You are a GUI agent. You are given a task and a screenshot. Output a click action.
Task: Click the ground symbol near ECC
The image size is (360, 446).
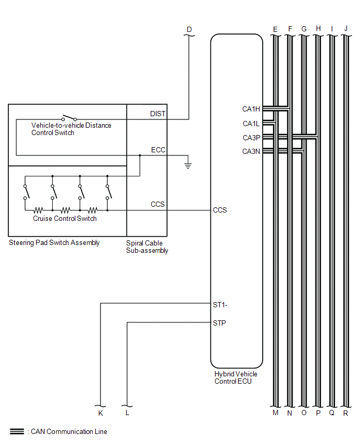[x=188, y=165]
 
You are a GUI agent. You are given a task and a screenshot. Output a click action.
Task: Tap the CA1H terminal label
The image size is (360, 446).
[x=251, y=109]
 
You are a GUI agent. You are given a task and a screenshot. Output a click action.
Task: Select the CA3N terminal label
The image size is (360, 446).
[x=251, y=151]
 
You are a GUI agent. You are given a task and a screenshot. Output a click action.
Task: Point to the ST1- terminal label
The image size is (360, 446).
[x=220, y=304]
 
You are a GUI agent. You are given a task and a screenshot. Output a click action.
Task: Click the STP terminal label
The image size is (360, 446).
[x=220, y=323]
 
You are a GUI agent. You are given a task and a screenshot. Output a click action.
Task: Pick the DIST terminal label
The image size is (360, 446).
[x=159, y=114]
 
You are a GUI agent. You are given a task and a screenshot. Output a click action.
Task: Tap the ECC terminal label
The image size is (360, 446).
[x=158, y=150]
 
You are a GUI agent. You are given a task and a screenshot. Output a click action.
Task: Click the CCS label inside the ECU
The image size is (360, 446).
[x=220, y=210]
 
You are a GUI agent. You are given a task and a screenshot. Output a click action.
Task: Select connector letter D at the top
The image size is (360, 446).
[x=189, y=29]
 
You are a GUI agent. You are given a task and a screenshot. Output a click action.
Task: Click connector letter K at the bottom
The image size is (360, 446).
[x=100, y=413]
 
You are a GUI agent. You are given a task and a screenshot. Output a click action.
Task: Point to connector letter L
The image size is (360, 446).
[x=128, y=413]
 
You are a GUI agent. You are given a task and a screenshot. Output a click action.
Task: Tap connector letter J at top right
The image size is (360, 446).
[x=345, y=29]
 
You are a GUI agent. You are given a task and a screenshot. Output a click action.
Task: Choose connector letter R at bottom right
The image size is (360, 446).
[x=345, y=413]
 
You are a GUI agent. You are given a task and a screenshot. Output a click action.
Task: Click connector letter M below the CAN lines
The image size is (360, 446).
[x=275, y=413]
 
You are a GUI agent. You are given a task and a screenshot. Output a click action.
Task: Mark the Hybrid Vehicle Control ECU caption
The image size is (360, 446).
[x=236, y=377]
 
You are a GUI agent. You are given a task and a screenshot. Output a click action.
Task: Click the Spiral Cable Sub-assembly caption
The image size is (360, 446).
[x=148, y=247]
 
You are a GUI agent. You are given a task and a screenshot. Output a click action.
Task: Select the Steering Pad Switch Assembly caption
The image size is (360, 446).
[x=54, y=243]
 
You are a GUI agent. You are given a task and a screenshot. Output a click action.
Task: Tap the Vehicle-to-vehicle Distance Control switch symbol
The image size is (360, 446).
[x=69, y=118]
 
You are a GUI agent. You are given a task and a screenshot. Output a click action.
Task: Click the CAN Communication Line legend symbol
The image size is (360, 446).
[x=17, y=432]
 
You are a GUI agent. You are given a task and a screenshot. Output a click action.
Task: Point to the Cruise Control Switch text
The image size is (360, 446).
[x=65, y=218]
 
